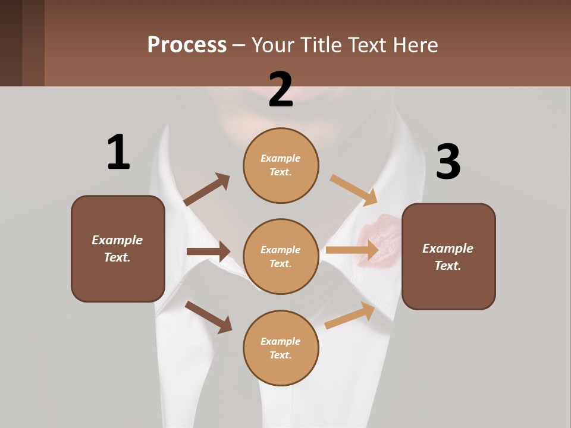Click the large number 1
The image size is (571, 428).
click(118, 152)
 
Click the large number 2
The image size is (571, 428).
click(281, 89)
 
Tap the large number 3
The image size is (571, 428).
click(448, 162)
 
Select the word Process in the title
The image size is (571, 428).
click(187, 45)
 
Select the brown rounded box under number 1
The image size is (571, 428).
click(118, 248)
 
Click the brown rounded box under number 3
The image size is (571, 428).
click(448, 256)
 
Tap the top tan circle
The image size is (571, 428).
click(281, 165)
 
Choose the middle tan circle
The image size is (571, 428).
click(281, 256)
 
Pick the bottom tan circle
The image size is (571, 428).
click(281, 348)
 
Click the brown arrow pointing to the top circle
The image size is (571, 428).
click(207, 190)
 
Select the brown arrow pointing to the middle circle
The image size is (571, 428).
click(208, 251)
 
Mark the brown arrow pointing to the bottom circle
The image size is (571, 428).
click(209, 317)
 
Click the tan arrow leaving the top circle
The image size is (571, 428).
click(354, 190)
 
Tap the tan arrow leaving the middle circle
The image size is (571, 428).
click(352, 250)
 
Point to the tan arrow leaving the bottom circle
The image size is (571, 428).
click(350, 316)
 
